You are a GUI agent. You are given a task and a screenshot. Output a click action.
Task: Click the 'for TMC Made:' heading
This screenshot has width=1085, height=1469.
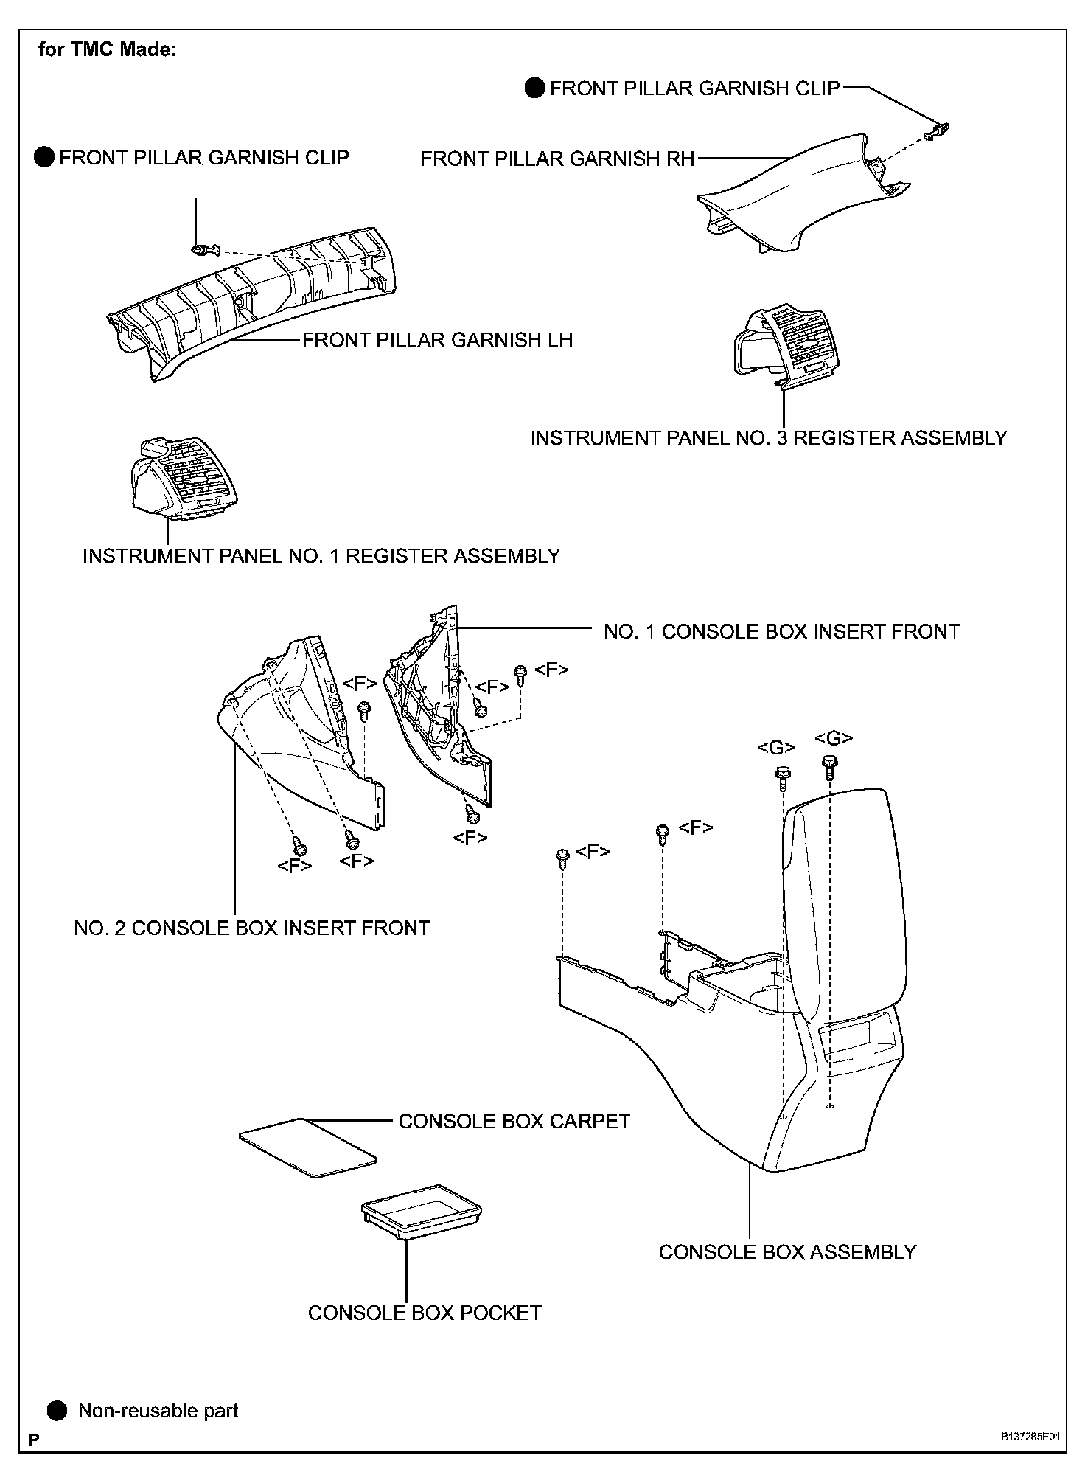107,50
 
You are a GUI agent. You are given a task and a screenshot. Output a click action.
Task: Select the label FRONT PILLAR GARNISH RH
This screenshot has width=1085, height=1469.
557,159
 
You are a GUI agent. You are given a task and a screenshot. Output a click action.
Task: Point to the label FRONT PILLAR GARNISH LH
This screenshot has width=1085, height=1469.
437,340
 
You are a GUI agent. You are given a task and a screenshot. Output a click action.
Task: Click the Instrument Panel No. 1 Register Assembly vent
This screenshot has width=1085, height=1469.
183,475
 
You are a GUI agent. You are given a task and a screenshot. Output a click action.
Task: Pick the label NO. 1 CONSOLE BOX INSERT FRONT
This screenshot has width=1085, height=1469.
781,631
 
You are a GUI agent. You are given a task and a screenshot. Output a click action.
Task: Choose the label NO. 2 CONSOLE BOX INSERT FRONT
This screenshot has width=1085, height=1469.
251,928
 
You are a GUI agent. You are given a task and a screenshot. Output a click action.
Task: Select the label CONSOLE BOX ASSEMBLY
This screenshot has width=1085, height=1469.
786,1251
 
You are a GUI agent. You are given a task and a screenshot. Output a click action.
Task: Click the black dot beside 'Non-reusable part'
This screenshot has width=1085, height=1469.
57,1411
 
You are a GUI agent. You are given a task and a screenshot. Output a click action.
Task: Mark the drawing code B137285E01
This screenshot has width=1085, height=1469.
1030,1437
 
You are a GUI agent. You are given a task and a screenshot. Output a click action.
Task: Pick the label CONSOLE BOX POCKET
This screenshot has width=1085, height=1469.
425,1313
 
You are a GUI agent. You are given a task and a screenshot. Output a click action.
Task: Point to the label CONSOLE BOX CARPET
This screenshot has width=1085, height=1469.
514,1121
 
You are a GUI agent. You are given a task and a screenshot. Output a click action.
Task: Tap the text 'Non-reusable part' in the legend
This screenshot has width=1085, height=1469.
158,1411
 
